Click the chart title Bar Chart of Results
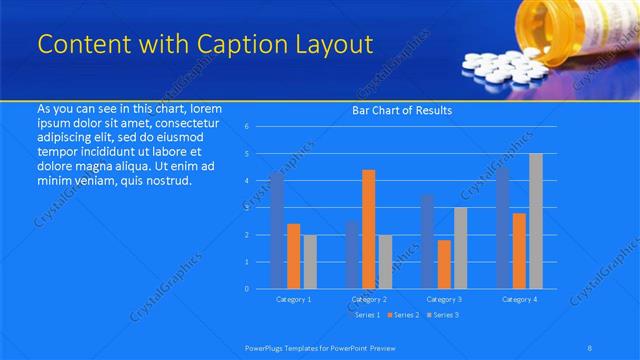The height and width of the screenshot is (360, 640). coord(402,110)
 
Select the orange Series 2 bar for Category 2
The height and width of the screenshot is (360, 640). coord(369,229)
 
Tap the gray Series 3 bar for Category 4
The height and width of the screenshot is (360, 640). coord(536,221)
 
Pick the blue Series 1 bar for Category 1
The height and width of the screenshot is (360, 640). coord(277,230)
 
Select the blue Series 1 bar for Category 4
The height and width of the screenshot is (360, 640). coord(503,228)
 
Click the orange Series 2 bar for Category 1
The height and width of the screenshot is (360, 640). coord(293,256)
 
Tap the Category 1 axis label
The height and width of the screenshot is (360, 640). coord(293,299)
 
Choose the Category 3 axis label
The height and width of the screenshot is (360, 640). coord(444,299)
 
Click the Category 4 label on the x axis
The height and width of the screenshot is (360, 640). coord(519,299)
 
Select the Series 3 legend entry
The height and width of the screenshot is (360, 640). coord(443,315)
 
